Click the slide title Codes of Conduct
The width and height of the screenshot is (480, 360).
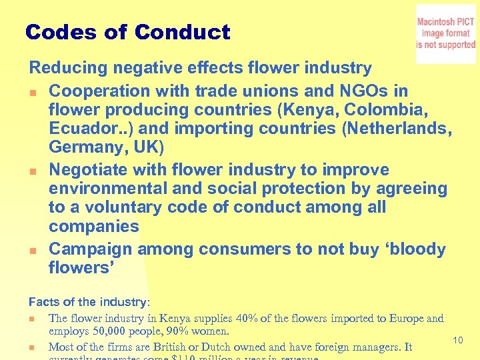[127, 32]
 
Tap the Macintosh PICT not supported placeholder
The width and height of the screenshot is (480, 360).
[445, 34]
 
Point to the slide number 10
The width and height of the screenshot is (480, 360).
[458, 341]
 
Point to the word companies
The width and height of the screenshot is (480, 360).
[94, 226]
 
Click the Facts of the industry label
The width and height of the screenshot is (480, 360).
[89, 302]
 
